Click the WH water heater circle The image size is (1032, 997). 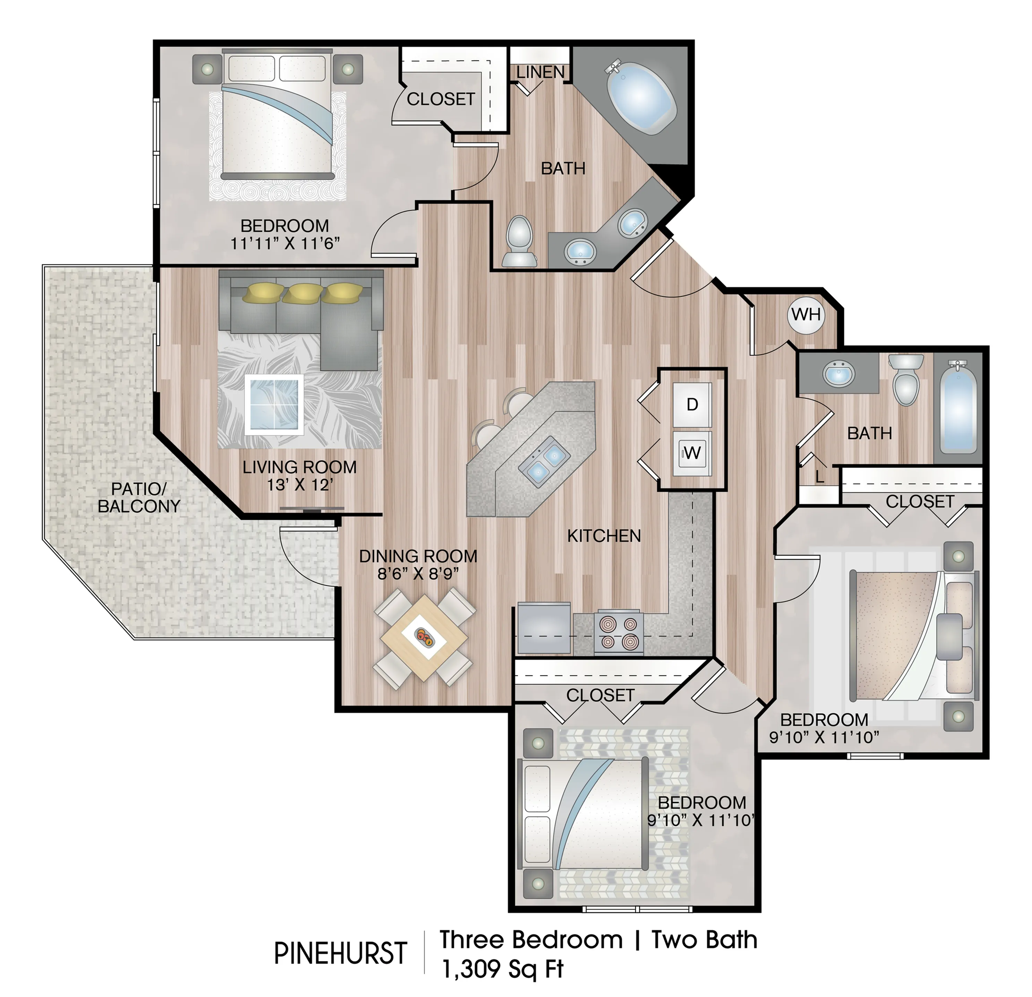(806, 315)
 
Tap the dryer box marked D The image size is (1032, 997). (692, 404)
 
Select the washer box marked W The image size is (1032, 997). (692, 452)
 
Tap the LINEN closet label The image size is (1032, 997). (540, 72)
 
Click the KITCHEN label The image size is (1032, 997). (604, 536)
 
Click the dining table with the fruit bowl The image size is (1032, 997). (424, 637)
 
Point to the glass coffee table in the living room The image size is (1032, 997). (274, 405)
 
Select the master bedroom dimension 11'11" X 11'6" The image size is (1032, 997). (285, 243)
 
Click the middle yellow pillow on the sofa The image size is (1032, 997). (302, 293)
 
